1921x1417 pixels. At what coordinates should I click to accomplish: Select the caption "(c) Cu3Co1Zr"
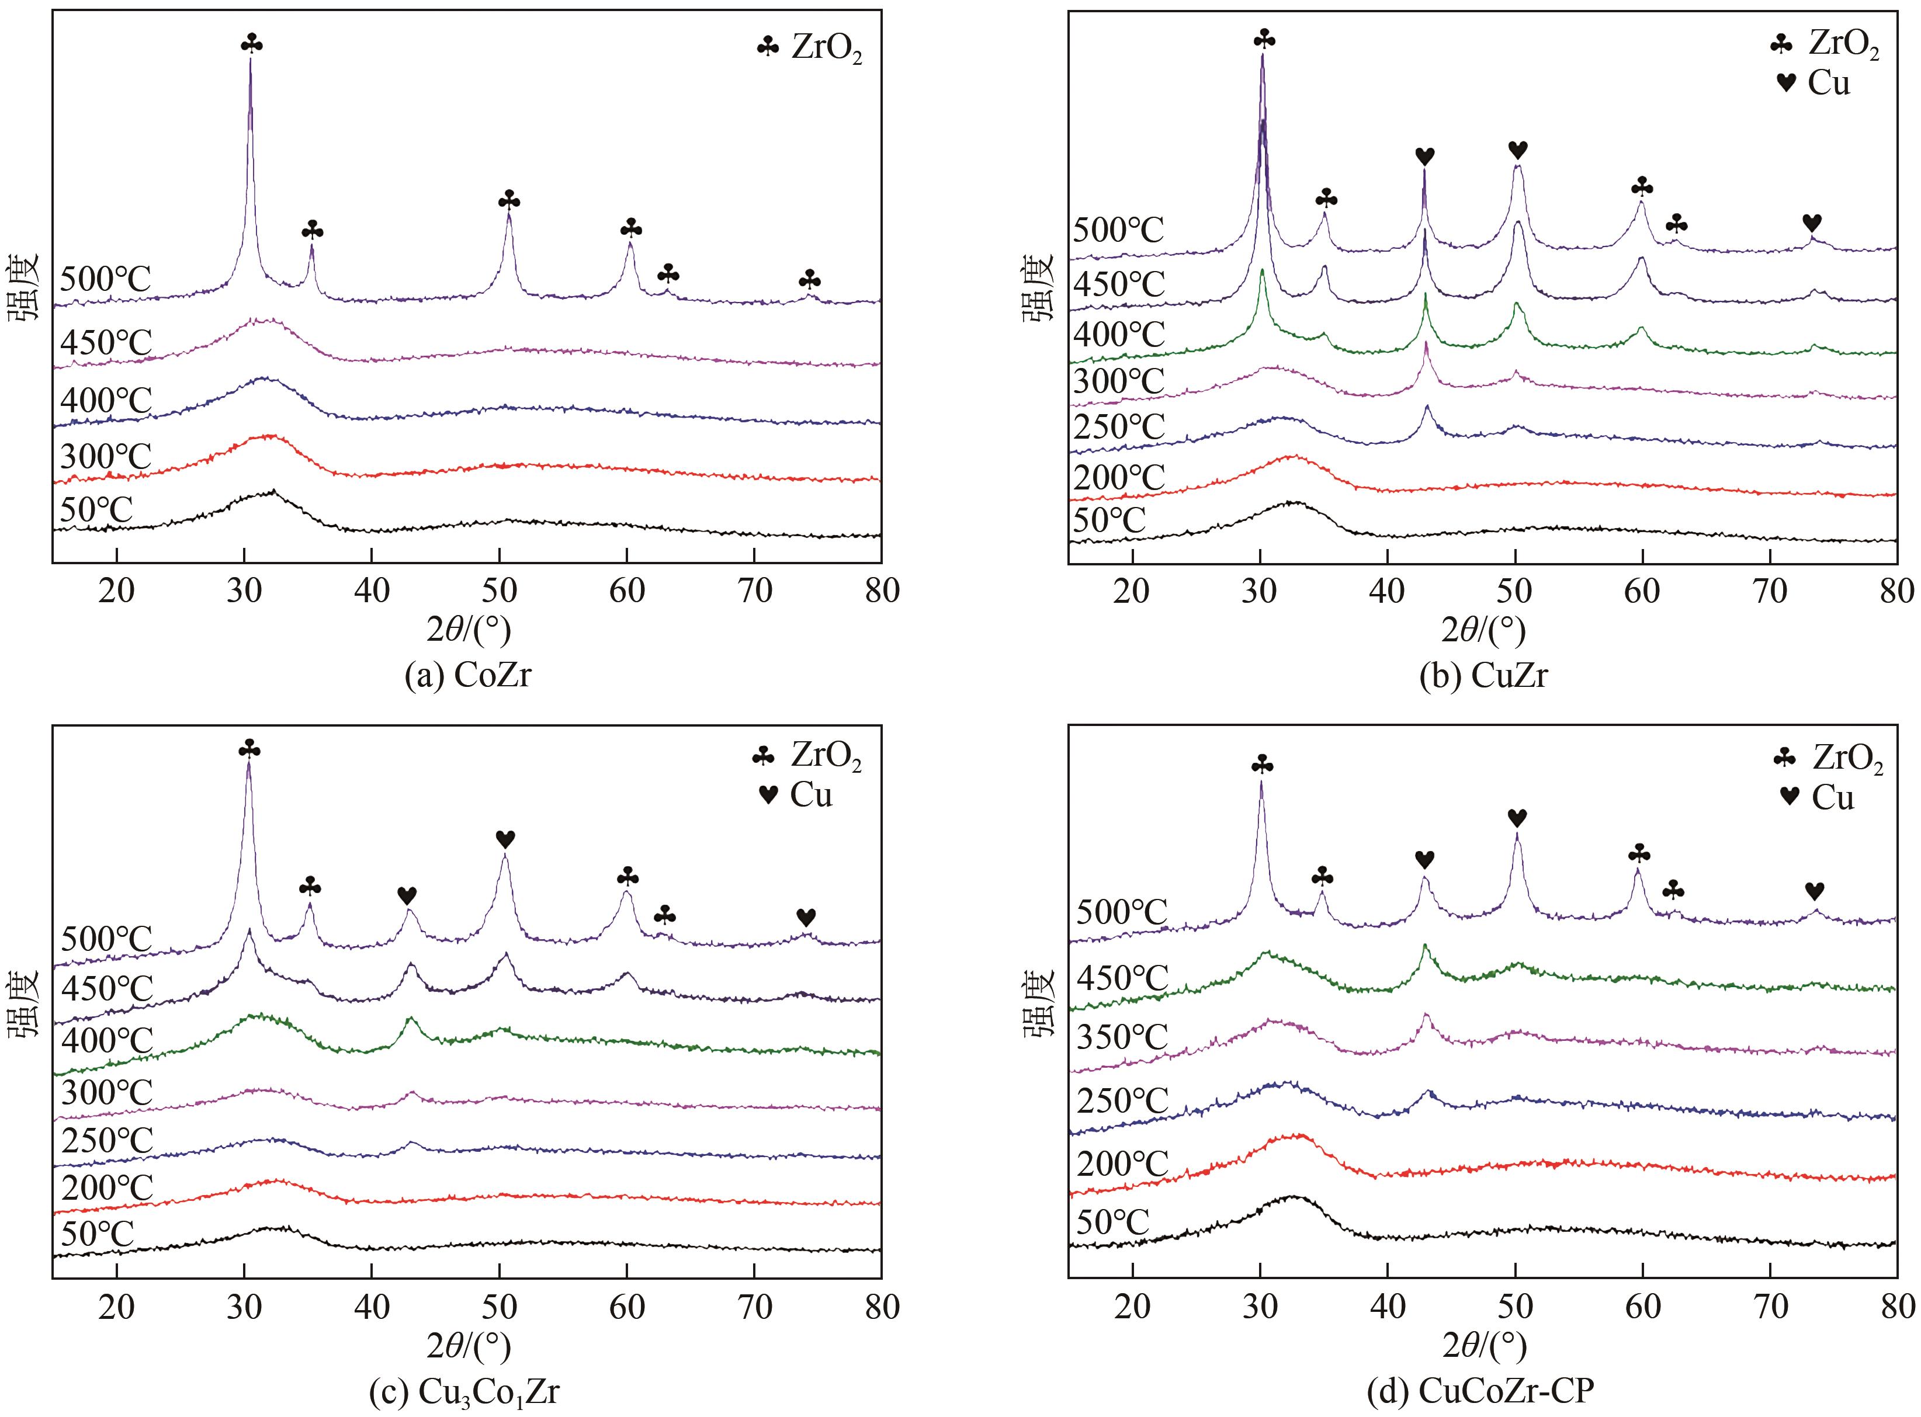pos(463,1392)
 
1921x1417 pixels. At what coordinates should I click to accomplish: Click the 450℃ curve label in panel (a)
pos(106,343)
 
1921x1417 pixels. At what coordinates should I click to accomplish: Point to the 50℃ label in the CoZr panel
pos(96,509)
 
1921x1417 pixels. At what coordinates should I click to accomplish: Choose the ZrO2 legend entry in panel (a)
pos(809,49)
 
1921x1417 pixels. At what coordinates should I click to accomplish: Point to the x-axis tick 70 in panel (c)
pos(754,1307)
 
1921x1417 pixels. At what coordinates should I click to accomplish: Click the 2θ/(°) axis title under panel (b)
pos(1483,630)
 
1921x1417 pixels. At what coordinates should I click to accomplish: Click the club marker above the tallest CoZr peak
pos(251,43)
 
